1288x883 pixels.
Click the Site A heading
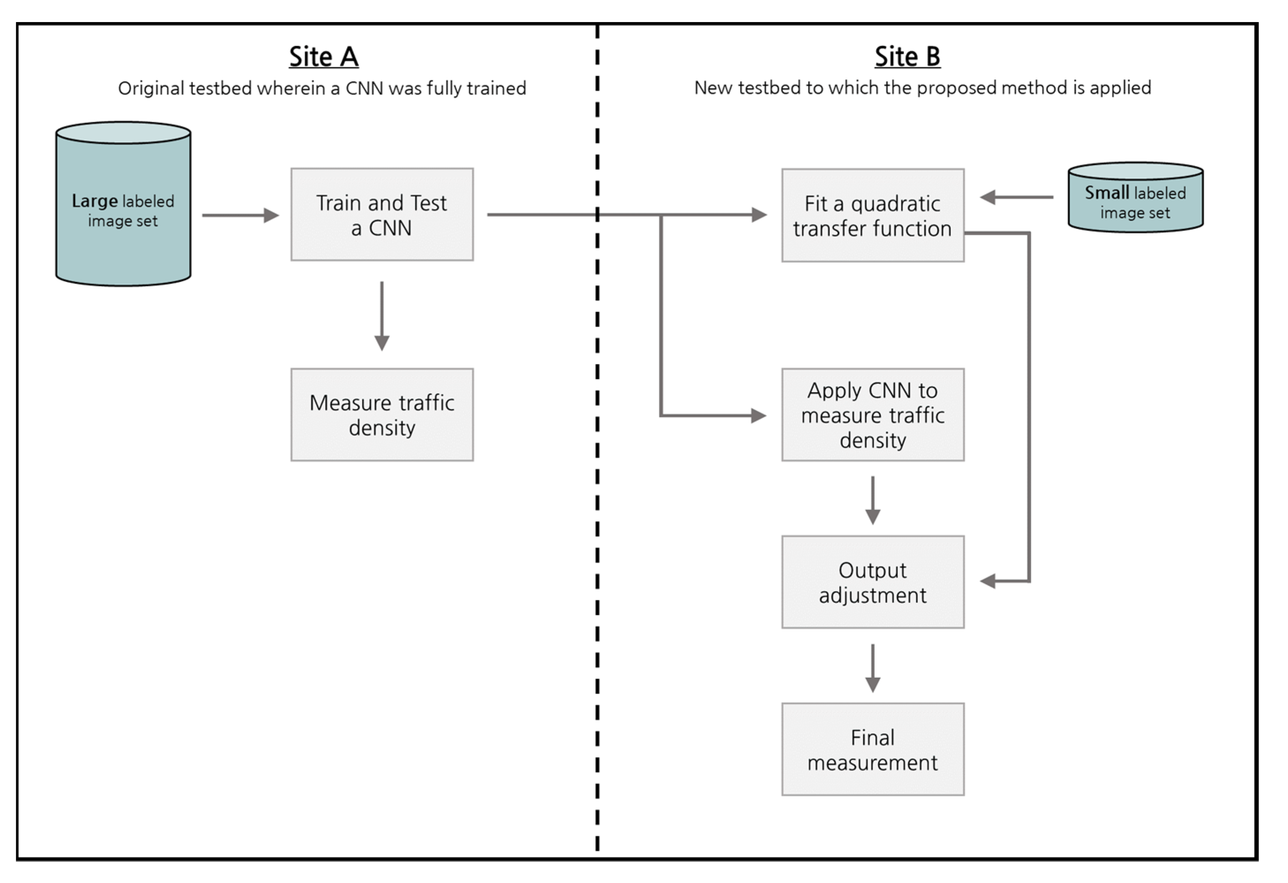pyautogui.click(x=324, y=56)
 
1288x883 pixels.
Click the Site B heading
pyautogui.click(x=907, y=56)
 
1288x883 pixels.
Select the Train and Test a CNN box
pyautogui.click(x=382, y=215)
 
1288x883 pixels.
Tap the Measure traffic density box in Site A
pyautogui.click(x=382, y=414)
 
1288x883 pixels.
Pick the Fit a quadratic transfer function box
pyautogui.click(x=873, y=215)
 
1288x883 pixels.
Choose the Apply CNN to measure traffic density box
pyautogui.click(x=873, y=414)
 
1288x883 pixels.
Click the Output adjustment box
pyautogui.click(x=873, y=582)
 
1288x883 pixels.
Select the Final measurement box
pyautogui.click(x=873, y=749)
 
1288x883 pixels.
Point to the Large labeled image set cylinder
pyautogui.click(x=123, y=210)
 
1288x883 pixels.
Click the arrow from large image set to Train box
pyautogui.click(x=241, y=215)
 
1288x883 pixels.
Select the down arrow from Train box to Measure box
pyautogui.click(x=382, y=316)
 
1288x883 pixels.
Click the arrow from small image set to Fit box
pyautogui.click(x=1016, y=197)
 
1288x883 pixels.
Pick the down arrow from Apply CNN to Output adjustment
pyautogui.click(x=873, y=500)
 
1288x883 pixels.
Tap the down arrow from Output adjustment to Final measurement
pyautogui.click(x=873, y=668)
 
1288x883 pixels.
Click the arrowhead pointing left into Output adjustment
pyautogui.click(x=988, y=581)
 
